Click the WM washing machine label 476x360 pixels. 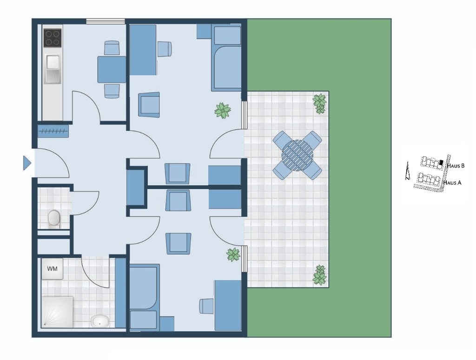(x=52, y=268)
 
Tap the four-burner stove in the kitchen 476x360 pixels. (x=53, y=38)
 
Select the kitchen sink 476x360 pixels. (x=53, y=69)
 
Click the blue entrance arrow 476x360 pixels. (x=27, y=163)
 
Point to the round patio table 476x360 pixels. (x=297, y=155)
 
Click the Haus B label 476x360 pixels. (x=456, y=166)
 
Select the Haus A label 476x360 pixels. (x=452, y=183)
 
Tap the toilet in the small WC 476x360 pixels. (x=54, y=218)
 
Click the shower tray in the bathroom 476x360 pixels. (x=57, y=312)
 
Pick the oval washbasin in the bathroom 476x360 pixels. (x=100, y=321)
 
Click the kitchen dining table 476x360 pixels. (x=112, y=70)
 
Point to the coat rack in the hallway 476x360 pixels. (x=53, y=131)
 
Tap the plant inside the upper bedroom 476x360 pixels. (x=223, y=110)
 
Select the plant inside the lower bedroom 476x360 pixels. (x=233, y=255)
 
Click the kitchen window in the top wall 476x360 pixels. (x=106, y=21)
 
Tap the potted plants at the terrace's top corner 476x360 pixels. (x=320, y=104)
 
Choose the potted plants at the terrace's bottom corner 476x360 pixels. (x=320, y=275)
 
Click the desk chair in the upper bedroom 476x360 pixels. (x=165, y=49)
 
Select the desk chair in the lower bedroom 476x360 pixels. (x=206, y=306)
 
